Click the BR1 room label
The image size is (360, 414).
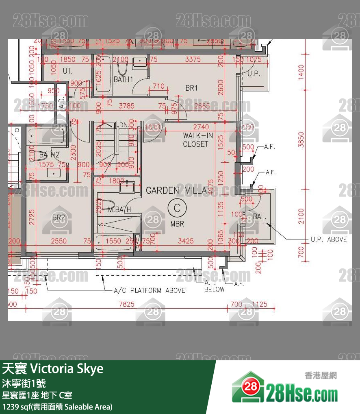[x=191, y=88]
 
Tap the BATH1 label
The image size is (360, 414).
[x=123, y=80]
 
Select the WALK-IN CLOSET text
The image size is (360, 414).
[x=195, y=140]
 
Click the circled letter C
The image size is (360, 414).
[x=177, y=208]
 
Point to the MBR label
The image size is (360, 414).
[x=177, y=224]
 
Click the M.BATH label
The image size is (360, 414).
[x=119, y=210]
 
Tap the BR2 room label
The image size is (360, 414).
[x=59, y=218]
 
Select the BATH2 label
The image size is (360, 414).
[x=49, y=155]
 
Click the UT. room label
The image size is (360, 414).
[x=67, y=71]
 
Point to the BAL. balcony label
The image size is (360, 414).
[x=260, y=217]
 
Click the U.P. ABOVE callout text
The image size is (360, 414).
[x=329, y=239]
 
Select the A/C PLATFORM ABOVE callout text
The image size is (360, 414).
[x=150, y=290]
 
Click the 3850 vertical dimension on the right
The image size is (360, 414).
[x=301, y=140]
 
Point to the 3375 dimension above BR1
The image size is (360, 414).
[x=193, y=59]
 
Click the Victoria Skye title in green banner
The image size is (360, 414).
[x=53, y=369]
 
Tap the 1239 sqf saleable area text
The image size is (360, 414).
[x=57, y=406]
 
